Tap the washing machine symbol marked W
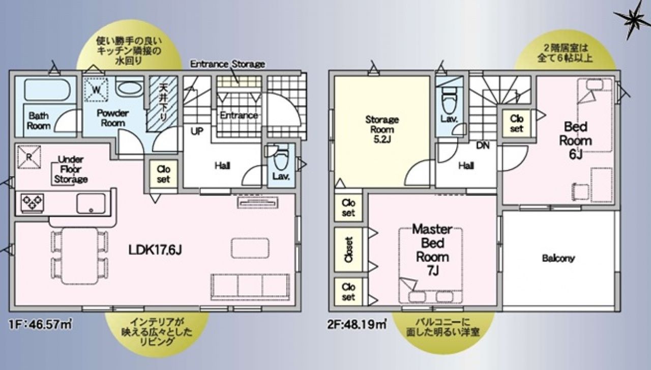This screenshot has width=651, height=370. pyautogui.click(x=96, y=89)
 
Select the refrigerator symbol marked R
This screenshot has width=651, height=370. pyautogui.click(x=29, y=157)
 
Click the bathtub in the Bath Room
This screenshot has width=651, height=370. pyautogui.click(x=47, y=89)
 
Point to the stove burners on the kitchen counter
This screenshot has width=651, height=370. pyautogui.click(x=33, y=202)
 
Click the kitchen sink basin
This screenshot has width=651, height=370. pyautogui.click(x=91, y=204)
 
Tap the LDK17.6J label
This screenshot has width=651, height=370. pyautogui.click(x=155, y=250)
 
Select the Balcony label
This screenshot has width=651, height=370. pyautogui.click(x=558, y=259)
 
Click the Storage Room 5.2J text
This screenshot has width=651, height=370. pyautogui.click(x=382, y=129)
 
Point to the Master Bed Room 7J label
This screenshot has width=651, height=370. pyautogui.click(x=432, y=250)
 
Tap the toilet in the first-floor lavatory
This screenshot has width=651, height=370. pyautogui.click(x=281, y=158)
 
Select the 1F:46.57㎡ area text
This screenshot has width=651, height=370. pyautogui.click(x=40, y=324)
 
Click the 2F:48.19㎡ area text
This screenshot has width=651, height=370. pyautogui.click(x=357, y=324)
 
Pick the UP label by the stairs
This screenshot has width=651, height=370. pyautogui.click(x=197, y=131)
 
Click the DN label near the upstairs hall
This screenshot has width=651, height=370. pyautogui.click(x=483, y=146)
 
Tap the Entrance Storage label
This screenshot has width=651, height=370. pyautogui.click(x=227, y=64)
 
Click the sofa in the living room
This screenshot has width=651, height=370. pyautogui.click(x=250, y=287)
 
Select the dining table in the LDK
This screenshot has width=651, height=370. pyautogui.click(x=80, y=256)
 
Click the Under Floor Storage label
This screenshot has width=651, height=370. pyautogui.click(x=71, y=169)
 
